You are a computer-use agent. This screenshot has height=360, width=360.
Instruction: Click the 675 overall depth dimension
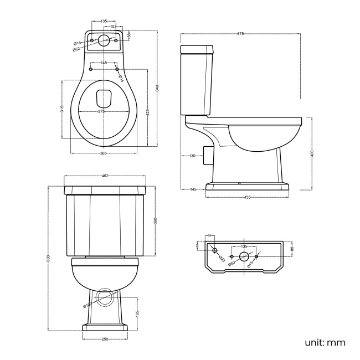pyautogui.click(x=240, y=34)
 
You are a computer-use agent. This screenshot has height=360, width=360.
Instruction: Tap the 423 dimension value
pyautogui.click(x=148, y=112)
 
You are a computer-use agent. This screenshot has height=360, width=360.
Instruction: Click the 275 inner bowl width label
pyautogui.click(x=102, y=112)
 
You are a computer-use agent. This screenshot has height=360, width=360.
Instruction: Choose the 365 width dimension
pyautogui.click(x=104, y=153)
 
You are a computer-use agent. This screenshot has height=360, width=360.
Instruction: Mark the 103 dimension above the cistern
pyautogui.click(x=113, y=27)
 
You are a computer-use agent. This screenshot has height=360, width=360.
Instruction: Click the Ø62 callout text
pyautogui.click(x=76, y=49)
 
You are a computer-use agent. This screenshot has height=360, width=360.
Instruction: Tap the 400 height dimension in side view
pyautogui.click(x=312, y=153)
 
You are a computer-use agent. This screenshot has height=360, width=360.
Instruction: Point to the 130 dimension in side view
pyautogui.click(x=192, y=156)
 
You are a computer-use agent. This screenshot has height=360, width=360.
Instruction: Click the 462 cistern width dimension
pyautogui.click(x=105, y=176)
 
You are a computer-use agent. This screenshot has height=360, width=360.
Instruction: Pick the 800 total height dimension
pyautogui.click(x=49, y=258)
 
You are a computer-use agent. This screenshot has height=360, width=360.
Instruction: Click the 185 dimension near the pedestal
pyautogui.click(x=137, y=313)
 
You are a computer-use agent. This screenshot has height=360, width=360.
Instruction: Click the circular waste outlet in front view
pyautogui.click(x=104, y=298)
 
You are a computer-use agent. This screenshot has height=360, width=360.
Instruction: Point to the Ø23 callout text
pyautogui.click(x=221, y=257)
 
